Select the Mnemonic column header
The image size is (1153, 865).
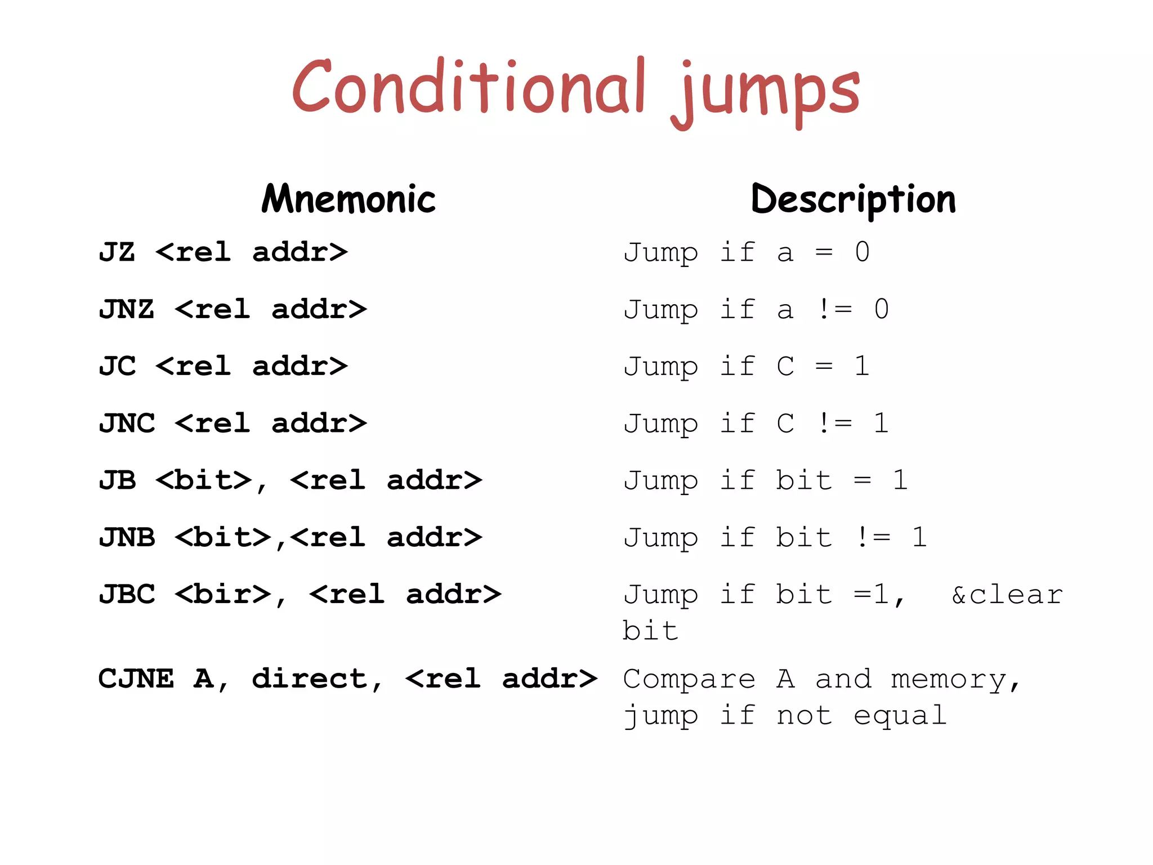(x=348, y=199)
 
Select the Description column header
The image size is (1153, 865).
(x=853, y=199)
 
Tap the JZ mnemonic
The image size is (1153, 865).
(x=117, y=252)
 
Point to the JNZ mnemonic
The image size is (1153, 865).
(x=127, y=309)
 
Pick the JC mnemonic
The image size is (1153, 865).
(x=117, y=366)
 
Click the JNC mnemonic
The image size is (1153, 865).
(x=127, y=423)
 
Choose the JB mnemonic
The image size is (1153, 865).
(x=117, y=480)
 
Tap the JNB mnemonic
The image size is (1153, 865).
(x=127, y=537)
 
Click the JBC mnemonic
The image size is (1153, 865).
(x=127, y=595)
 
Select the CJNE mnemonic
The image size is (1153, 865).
(x=136, y=679)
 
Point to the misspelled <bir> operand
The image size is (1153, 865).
(x=223, y=595)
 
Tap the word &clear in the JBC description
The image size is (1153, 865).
(x=1007, y=595)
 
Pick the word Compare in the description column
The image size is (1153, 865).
(x=689, y=679)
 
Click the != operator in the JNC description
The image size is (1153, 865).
(x=834, y=423)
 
